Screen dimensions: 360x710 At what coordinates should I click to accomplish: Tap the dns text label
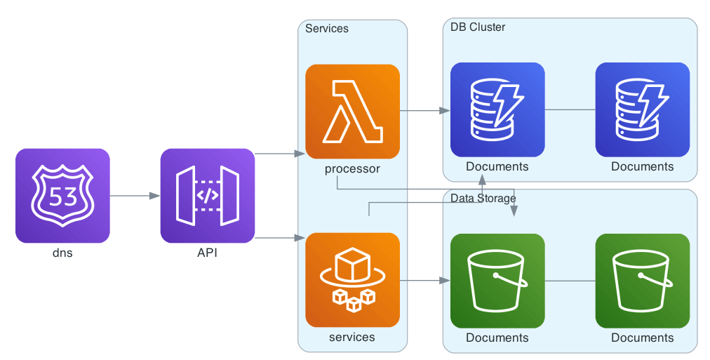tap(62, 253)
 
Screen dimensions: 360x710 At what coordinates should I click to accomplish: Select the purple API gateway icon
tap(207, 196)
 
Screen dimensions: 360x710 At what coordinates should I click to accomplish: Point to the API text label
tap(207, 253)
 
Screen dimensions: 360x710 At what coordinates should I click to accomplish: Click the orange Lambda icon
tap(352, 112)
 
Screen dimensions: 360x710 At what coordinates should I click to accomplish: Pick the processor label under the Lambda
tap(352, 168)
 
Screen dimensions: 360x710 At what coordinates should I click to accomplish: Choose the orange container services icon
tap(352, 280)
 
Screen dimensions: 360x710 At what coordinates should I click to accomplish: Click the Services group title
tap(327, 29)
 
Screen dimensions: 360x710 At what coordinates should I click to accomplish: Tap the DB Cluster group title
tap(478, 27)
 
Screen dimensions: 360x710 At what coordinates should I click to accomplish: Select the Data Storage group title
tap(483, 199)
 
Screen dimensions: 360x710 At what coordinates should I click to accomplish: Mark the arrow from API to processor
tap(279, 153)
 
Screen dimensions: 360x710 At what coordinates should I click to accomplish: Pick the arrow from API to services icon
tap(279, 239)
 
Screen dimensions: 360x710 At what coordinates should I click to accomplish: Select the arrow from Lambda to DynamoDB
tap(424, 111)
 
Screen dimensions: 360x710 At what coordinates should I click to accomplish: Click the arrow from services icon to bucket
tap(424, 281)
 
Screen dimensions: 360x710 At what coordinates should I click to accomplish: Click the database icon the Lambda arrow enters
tap(497, 109)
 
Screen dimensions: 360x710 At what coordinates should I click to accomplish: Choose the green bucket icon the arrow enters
tap(497, 281)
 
